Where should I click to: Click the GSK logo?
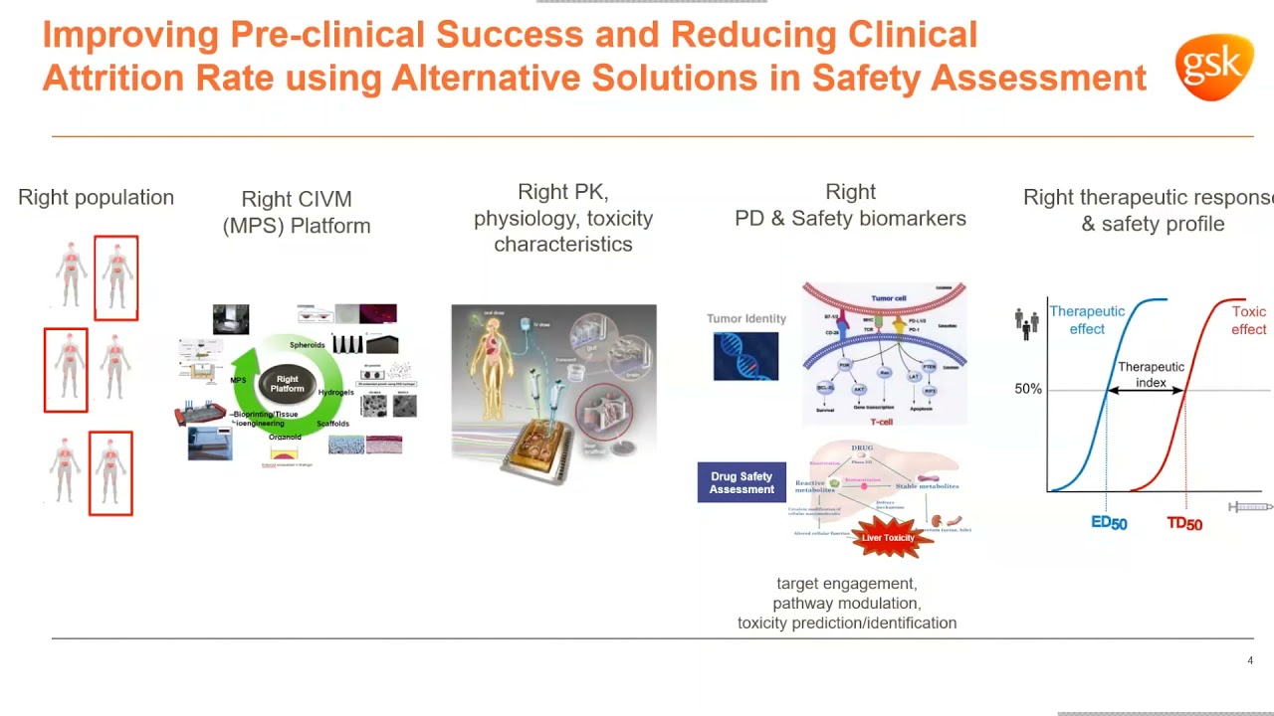[x=1213, y=67]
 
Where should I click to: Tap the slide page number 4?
[x=1250, y=660]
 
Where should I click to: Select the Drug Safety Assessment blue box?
[x=742, y=482]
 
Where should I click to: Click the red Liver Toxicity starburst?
[x=887, y=537]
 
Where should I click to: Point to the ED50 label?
[x=1109, y=523]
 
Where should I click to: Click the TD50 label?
[x=1184, y=524]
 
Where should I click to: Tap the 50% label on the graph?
[x=1028, y=389]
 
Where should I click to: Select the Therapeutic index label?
[x=1151, y=374]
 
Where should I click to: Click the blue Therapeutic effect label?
[x=1087, y=319]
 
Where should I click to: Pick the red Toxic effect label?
[x=1248, y=320]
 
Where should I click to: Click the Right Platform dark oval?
[x=287, y=384]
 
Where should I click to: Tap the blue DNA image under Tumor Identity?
[x=745, y=356]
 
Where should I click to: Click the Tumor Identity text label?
[x=746, y=318]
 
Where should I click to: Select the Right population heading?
[x=96, y=197]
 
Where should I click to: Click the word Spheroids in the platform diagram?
[x=308, y=345]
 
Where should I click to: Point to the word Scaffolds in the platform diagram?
[x=332, y=424]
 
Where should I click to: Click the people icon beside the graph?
[x=1026, y=323]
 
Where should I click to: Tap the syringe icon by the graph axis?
[x=1250, y=507]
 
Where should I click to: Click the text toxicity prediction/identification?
[x=847, y=623]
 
